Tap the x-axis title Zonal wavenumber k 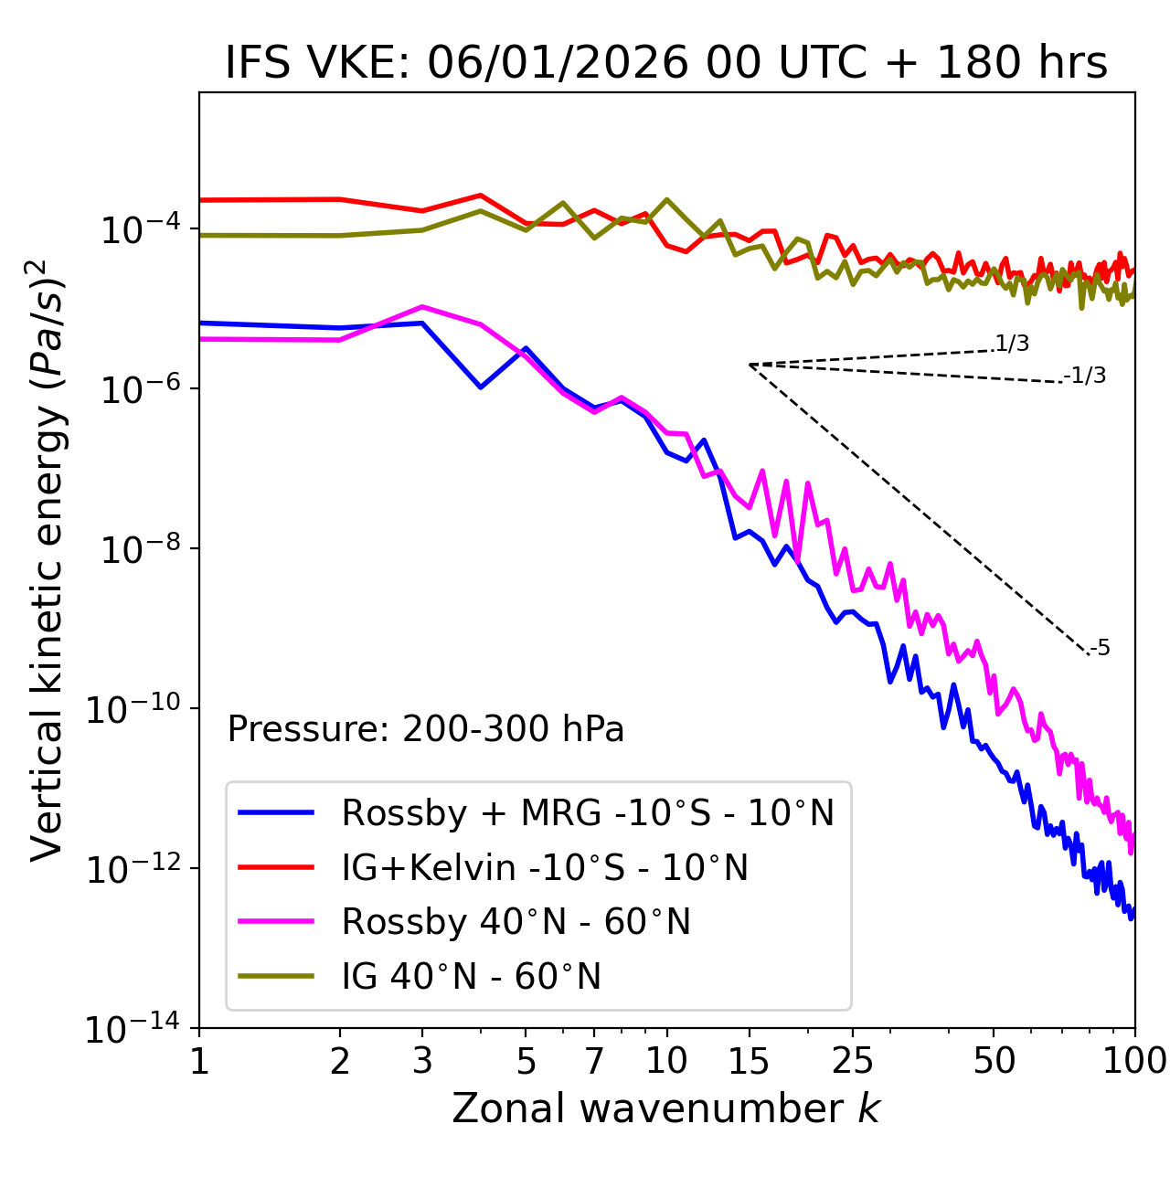[665, 1108]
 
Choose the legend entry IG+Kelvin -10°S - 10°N [545, 867]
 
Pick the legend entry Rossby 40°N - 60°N [516, 922]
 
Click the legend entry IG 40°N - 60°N [471, 977]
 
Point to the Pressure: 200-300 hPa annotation [426, 729]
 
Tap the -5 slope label [1101, 648]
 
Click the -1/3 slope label [1086, 376]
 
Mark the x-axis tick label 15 [749, 1061]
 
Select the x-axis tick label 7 [594, 1061]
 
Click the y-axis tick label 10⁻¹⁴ [134, 1030]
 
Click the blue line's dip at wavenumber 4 [481, 387]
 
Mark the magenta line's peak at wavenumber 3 [421, 306]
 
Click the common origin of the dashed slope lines [750, 365]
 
